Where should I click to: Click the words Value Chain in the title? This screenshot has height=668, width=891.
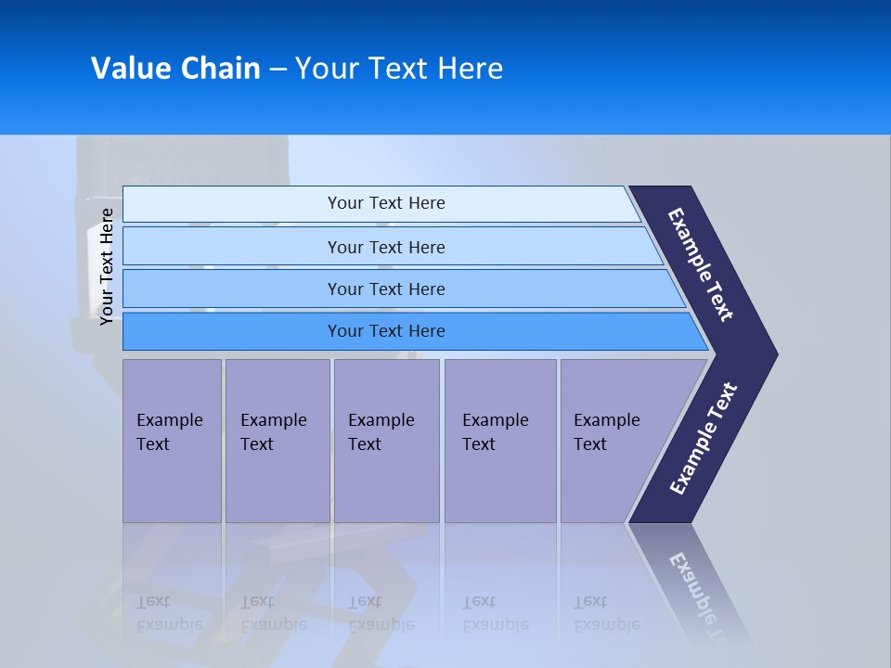(x=175, y=68)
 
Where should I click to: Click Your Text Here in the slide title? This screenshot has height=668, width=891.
(x=399, y=68)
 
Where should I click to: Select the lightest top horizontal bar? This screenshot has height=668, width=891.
(x=385, y=203)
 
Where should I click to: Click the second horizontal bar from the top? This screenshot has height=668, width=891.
(x=385, y=247)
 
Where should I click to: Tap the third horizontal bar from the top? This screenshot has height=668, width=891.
(x=385, y=289)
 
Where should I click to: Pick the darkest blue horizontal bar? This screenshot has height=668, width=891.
(x=385, y=331)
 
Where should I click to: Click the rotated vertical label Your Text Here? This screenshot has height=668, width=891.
(x=107, y=266)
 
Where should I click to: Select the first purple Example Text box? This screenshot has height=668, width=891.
(x=172, y=441)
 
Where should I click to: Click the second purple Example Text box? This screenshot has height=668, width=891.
(x=277, y=441)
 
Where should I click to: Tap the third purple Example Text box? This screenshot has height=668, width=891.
(x=386, y=441)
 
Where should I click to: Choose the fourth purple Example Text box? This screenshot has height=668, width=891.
(x=499, y=441)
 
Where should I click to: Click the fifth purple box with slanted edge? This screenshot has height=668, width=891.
(x=613, y=441)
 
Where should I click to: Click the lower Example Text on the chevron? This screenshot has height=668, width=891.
(x=704, y=438)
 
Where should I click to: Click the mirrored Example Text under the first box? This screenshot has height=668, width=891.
(x=170, y=613)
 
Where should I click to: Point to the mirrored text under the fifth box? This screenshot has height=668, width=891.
(x=607, y=613)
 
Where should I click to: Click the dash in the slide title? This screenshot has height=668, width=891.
(x=278, y=70)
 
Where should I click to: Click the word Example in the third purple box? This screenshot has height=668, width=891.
(x=381, y=420)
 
